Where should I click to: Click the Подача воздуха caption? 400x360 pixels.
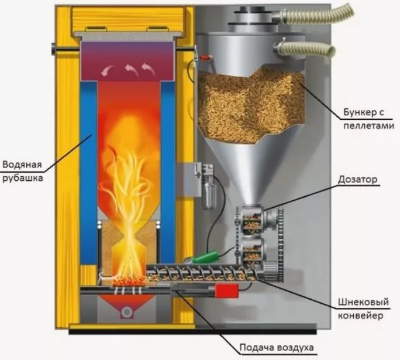277,347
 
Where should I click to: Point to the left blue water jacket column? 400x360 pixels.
88,170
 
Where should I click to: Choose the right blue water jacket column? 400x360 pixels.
168,170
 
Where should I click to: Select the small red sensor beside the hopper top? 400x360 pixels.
204,58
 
